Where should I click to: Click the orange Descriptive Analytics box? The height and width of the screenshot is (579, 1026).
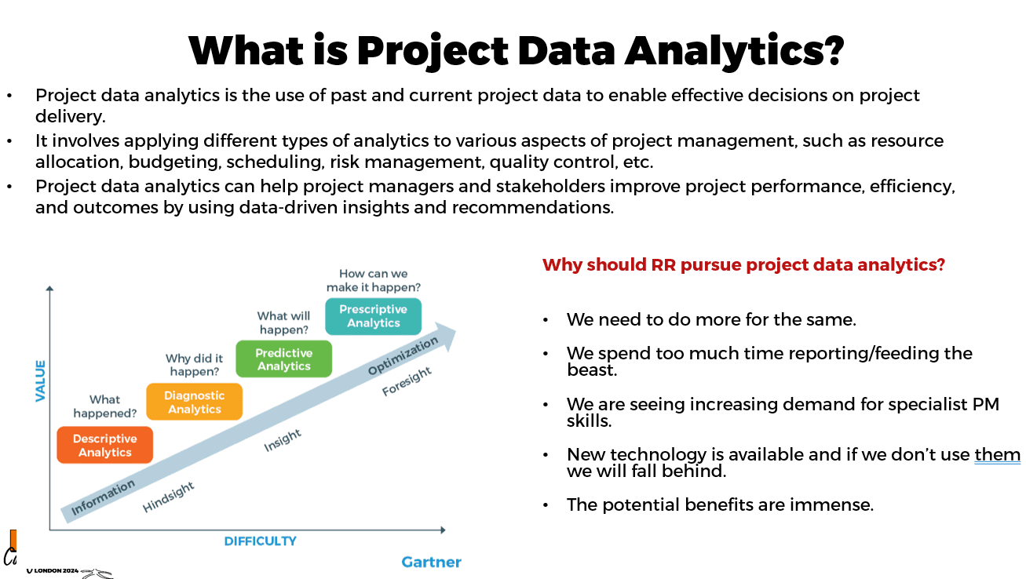click(x=105, y=445)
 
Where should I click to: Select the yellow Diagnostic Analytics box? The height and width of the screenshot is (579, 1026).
click(x=194, y=402)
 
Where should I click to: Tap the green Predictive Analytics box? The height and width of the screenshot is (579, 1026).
click(x=284, y=359)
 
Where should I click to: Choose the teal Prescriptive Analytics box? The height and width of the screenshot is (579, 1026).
click(x=374, y=316)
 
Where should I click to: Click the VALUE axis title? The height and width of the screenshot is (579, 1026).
click(x=40, y=381)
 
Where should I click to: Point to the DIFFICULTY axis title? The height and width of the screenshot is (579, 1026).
click(x=260, y=541)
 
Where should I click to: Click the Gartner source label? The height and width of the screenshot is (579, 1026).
click(x=431, y=562)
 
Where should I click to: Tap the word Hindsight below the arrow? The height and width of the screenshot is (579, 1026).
click(x=169, y=497)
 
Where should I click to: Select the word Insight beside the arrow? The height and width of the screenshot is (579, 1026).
click(x=283, y=440)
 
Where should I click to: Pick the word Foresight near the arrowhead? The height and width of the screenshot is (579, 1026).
click(x=407, y=381)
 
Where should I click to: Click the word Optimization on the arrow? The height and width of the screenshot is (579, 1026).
click(x=403, y=356)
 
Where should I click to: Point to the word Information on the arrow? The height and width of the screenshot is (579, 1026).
click(x=103, y=497)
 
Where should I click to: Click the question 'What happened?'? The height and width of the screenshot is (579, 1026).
click(x=105, y=406)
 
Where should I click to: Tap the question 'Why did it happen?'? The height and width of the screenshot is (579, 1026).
click(x=194, y=365)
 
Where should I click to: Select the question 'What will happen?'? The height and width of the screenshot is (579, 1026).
click(x=283, y=322)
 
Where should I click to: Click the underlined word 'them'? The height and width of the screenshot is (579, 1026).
click(x=997, y=454)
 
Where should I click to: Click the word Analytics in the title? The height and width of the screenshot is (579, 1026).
click(x=734, y=50)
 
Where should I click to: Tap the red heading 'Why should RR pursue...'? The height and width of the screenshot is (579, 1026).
click(x=743, y=265)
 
